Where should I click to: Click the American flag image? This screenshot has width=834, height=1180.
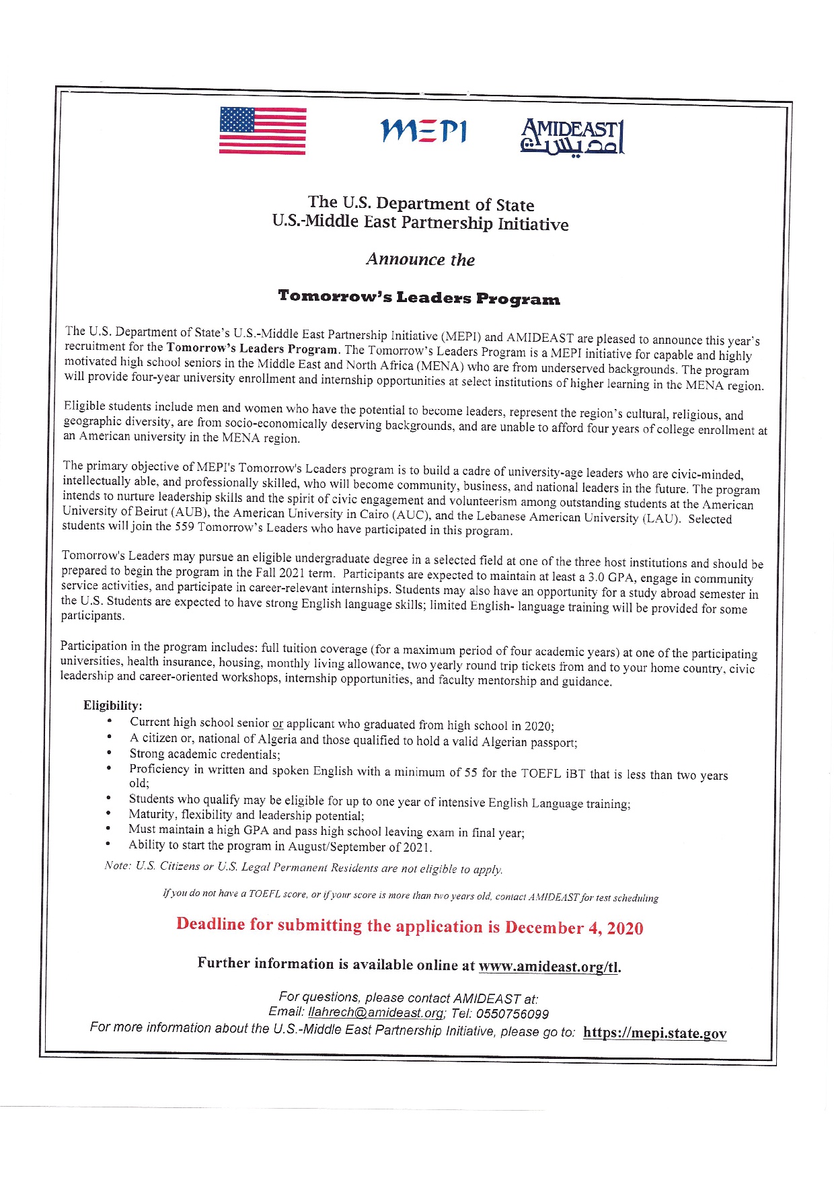pos(262,131)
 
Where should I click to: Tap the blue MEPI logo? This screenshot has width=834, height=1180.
pos(423,131)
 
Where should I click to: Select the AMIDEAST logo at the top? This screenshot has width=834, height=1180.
pos(572,137)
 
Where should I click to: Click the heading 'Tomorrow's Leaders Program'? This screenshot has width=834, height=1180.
pos(418,298)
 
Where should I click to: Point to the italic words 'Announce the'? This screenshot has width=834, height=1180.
pos(420,260)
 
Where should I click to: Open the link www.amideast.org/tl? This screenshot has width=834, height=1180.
pos(548,967)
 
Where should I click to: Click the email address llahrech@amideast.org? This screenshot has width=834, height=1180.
pos(375,1013)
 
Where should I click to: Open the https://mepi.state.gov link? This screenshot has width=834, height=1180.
pos(654,1033)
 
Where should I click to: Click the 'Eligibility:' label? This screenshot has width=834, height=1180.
pos(113,705)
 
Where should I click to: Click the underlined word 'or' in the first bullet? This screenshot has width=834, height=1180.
pos(278,724)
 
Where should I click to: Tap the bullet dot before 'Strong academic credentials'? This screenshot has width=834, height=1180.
pos(108,753)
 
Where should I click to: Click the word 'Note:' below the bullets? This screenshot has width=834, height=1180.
pos(117,865)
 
